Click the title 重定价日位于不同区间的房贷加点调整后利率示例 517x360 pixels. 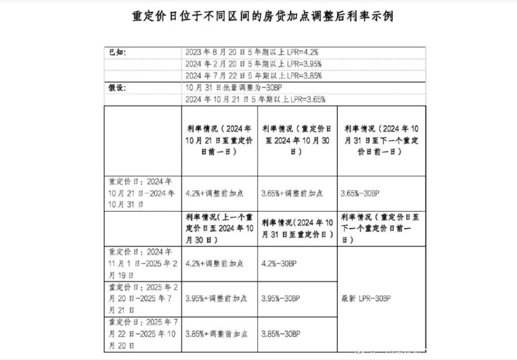coord(262,17)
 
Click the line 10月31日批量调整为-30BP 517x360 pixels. coord(230,88)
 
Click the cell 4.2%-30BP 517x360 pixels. coord(278,264)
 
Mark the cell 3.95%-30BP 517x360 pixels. coord(280,298)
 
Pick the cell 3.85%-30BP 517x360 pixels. coord(280,334)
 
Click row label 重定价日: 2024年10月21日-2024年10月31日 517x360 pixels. coord(142,193)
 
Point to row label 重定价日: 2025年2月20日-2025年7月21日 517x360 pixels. coord(142,299)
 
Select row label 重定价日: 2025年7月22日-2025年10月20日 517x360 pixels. coord(142,334)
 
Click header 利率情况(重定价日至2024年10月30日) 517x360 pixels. coord(297,141)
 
